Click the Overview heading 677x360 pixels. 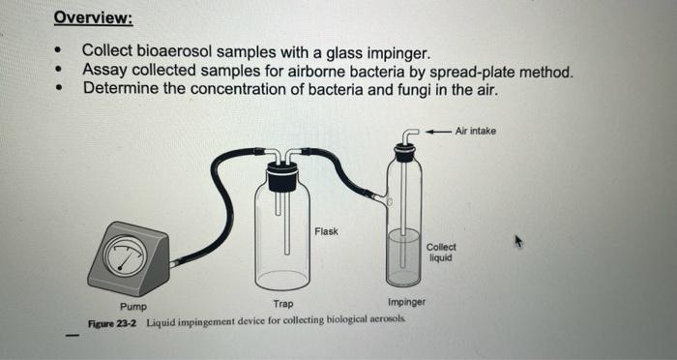point(93,18)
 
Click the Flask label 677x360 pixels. point(326,231)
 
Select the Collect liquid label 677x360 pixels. point(440,252)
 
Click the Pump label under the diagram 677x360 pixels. point(133,306)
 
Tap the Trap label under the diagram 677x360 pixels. point(283,304)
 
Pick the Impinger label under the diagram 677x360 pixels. point(405,304)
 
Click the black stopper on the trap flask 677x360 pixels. point(282,177)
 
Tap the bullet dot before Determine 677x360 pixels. point(62,89)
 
